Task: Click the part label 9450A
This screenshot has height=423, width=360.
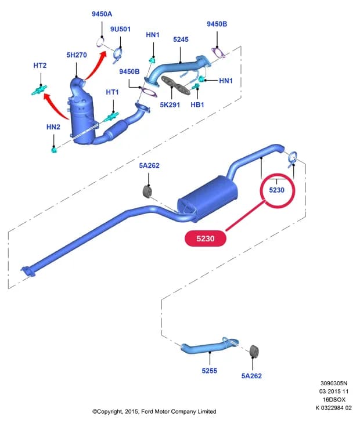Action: [102, 14]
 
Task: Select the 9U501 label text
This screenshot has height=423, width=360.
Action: [120, 29]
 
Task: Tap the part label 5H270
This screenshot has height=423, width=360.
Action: [77, 55]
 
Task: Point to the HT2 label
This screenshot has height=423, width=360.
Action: [40, 66]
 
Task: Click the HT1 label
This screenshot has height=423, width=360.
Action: [112, 92]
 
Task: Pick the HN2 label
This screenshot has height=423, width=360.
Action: [53, 127]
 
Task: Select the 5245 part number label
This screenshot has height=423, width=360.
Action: [181, 39]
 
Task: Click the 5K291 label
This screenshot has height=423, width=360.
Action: [170, 104]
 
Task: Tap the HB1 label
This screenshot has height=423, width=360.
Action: [197, 104]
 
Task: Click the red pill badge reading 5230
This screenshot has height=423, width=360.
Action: [206, 238]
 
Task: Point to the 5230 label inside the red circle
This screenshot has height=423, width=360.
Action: [276, 190]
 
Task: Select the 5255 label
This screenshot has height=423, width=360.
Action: [210, 371]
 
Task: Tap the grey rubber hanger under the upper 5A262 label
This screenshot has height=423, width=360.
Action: [147, 191]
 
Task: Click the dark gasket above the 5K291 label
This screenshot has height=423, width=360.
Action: [176, 85]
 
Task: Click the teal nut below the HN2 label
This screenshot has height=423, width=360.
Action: [54, 149]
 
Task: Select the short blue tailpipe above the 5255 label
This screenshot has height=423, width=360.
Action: [210, 345]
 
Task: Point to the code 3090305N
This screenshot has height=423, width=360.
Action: [334, 384]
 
